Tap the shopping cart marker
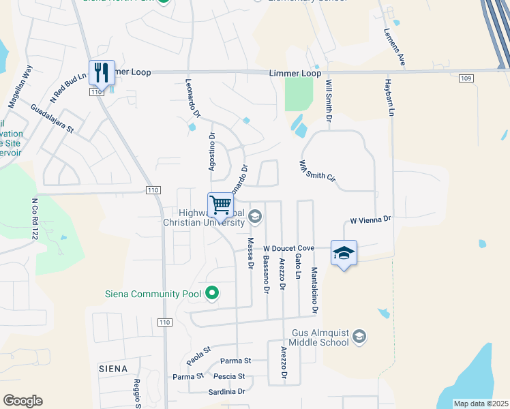pyautogui.click(x=220, y=204)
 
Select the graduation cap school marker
pyautogui.click(x=344, y=253)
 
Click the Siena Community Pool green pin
pyautogui.click(x=212, y=294)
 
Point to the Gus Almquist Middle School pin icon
pyautogui.click(x=360, y=337)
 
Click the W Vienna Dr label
pyautogui.click(x=371, y=220)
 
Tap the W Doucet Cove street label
pyautogui.click(x=288, y=248)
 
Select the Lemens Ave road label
pyautogui.click(x=395, y=47)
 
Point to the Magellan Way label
pyautogui.click(x=20, y=87)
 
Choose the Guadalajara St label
pyautogui.click(x=51, y=120)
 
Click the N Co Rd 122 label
pyautogui.click(x=33, y=218)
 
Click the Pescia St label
pyautogui.click(x=229, y=376)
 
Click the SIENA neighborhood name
pyautogui.click(x=112, y=369)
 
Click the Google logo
pyautogui.click(x=22, y=401)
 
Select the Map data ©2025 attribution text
pyautogui.click(x=481, y=404)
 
